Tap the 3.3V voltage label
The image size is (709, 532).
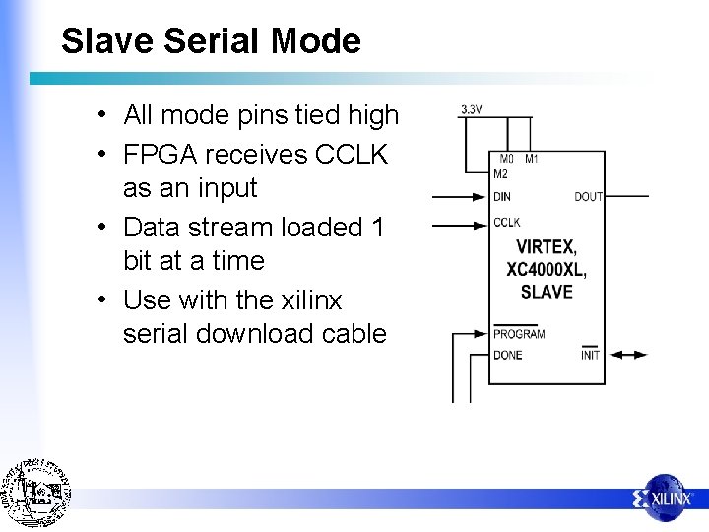pyautogui.click(x=471, y=109)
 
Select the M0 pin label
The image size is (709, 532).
pyautogui.click(x=506, y=159)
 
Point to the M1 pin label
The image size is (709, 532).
pyautogui.click(x=531, y=159)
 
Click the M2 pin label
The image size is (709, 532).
pyautogui.click(x=502, y=173)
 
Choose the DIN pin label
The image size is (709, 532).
pyautogui.click(x=502, y=197)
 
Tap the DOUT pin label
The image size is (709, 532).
pyautogui.click(x=588, y=197)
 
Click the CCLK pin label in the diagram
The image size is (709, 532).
pyautogui.click(x=506, y=223)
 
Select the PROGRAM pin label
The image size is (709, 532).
pyautogui.click(x=518, y=334)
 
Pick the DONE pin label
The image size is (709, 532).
pyautogui.click(x=508, y=355)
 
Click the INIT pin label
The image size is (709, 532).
pyautogui.click(x=590, y=355)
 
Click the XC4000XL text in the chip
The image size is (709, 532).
pyautogui.click(x=547, y=269)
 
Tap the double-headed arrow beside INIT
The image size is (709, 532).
pyautogui.click(x=627, y=355)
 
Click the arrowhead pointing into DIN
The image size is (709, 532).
pyautogui.click(x=483, y=197)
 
